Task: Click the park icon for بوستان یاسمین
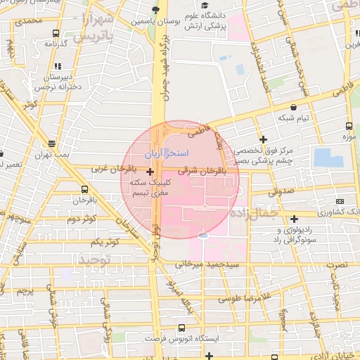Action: click(155, 9)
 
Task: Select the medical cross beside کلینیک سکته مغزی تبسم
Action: click(150, 172)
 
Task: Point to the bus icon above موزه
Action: click(349, 127)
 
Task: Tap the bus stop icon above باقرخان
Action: click(84, 189)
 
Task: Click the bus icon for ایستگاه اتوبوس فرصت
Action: click(182, 328)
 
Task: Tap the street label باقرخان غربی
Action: click(112, 169)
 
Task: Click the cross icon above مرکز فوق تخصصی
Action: click(263, 139)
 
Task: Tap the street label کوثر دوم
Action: click(81, 219)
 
